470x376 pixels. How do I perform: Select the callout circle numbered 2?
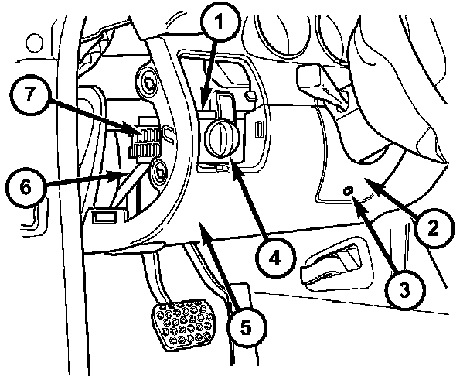[x=434, y=227]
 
